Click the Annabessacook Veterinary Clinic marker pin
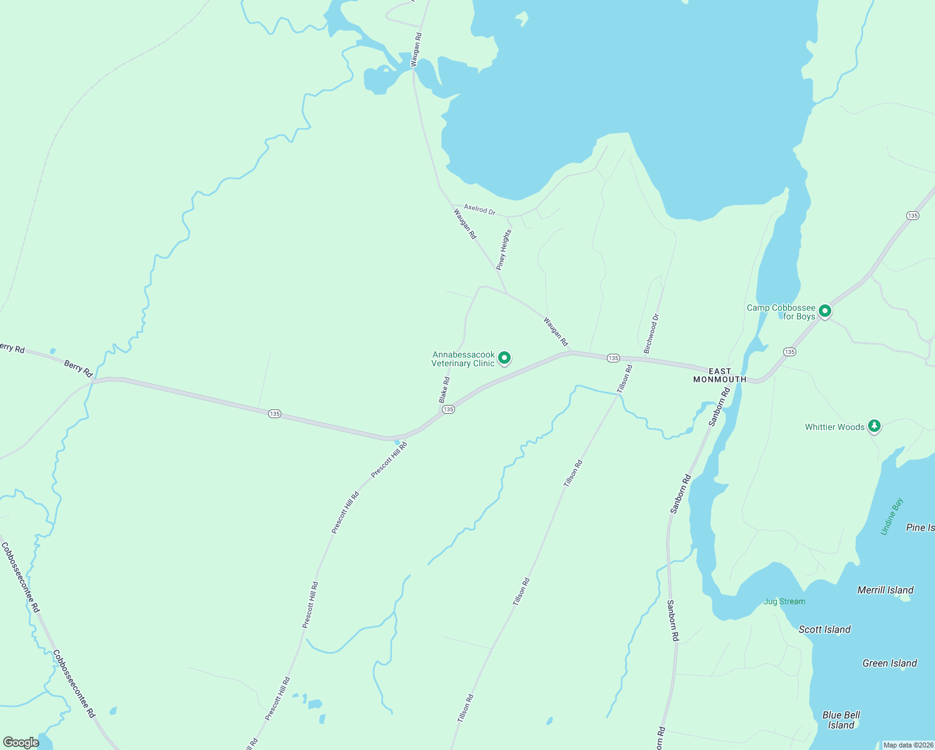tap(504, 358)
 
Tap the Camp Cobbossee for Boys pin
tap(825, 311)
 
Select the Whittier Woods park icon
tap(874, 426)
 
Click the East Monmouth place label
tap(719, 375)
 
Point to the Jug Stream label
tap(784, 601)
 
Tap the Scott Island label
tap(824, 629)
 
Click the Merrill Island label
tap(885, 590)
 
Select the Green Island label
tap(889, 663)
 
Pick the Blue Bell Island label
tap(841, 720)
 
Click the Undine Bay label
tap(892, 516)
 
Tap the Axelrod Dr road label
tap(479, 209)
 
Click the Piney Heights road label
tap(504, 249)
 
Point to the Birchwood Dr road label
tap(651, 334)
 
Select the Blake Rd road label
tap(444, 389)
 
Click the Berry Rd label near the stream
tap(78, 368)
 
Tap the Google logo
tap(21, 742)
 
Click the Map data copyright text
tap(908, 745)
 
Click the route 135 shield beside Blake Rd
tap(448, 409)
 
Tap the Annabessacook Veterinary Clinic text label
tap(463, 359)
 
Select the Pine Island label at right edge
tap(920, 527)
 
